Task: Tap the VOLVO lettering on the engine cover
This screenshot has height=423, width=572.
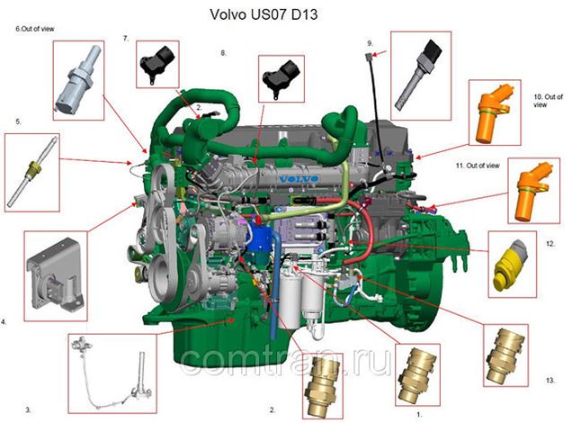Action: pyautogui.click(x=291, y=177)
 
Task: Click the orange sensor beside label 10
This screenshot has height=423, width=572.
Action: pyautogui.click(x=497, y=112)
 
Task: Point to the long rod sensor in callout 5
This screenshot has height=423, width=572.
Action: pyautogui.click(x=35, y=168)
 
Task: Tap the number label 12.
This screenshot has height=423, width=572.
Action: pyautogui.click(x=550, y=243)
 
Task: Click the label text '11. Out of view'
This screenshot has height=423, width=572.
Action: pyautogui.click(x=486, y=167)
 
